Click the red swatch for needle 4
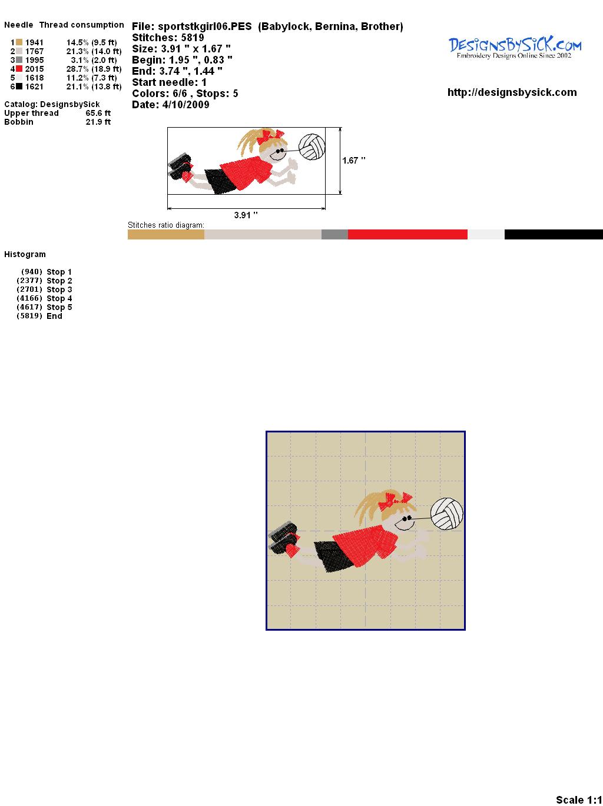click(19, 69)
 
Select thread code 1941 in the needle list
click(34, 42)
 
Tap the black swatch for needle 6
click(19, 86)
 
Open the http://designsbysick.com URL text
click(512, 92)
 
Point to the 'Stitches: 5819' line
click(168, 38)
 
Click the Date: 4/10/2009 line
click(171, 105)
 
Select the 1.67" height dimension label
click(353, 161)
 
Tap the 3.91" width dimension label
click(246, 215)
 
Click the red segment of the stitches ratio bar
click(407, 234)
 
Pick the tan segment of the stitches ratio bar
click(166, 234)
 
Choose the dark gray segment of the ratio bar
click(334, 234)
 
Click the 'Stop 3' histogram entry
click(59, 289)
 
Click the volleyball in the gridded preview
click(446, 514)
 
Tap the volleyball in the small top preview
click(312, 147)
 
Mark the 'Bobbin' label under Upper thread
click(18, 122)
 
